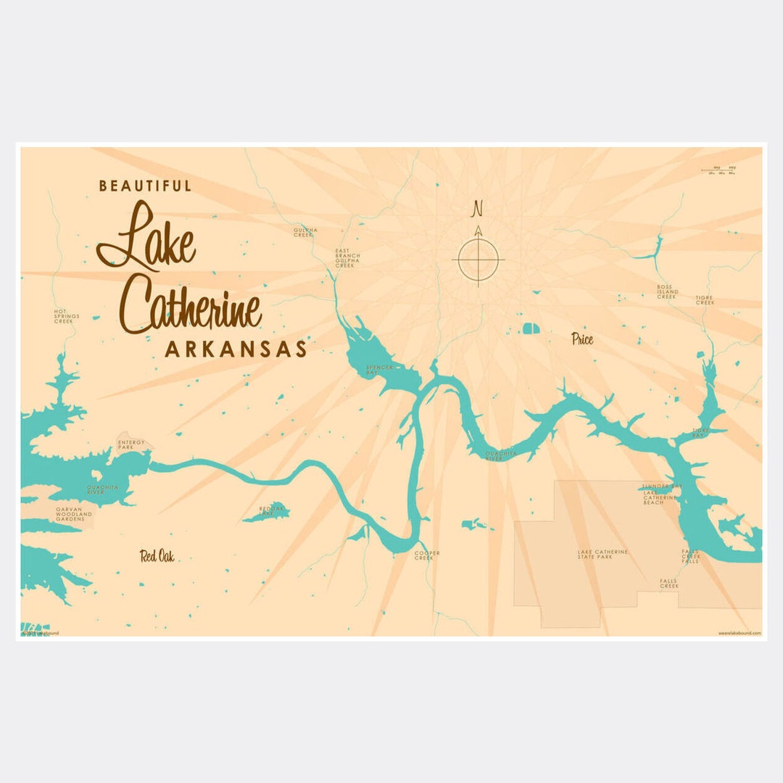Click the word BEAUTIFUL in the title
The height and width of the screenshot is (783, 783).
pos(145,186)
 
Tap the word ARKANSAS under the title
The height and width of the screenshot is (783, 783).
pos(236,349)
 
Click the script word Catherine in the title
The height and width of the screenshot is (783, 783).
pos(190,306)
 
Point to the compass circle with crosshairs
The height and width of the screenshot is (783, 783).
pos(478,259)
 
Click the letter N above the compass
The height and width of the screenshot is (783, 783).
pos(477,209)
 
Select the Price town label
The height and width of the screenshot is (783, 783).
pos(581,339)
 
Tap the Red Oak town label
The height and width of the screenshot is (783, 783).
pos(157,556)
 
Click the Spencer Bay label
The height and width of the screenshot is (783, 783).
pos(379,370)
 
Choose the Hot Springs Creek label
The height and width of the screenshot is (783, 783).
pos(66,316)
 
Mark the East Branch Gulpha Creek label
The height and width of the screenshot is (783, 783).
pos(346,259)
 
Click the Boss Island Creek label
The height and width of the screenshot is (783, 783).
pos(666,291)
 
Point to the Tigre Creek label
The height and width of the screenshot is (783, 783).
pos(705,299)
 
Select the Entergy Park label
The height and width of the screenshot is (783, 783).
pos(131,444)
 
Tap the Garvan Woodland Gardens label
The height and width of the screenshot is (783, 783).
pos(74,515)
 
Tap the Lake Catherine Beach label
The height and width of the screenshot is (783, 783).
pos(659,497)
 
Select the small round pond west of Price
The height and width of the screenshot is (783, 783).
pos(531,328)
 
